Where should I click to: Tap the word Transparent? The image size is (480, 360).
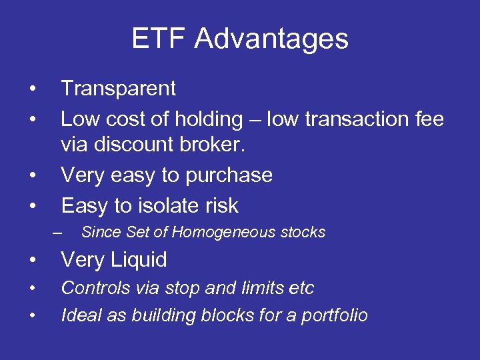[x=118, y=88]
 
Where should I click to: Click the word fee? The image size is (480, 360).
[x=427, y=119]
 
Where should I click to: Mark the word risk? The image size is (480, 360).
[x=222, y=205]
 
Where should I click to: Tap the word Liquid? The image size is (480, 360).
[x=140, y=260]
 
